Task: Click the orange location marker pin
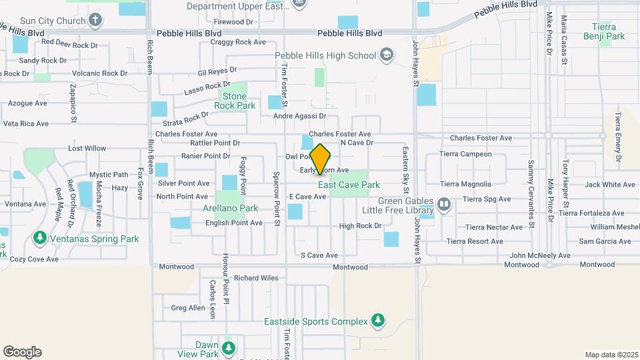[x=321, y=159]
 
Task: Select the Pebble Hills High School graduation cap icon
[x=386, y=55]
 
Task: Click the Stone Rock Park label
[x=234, y=101]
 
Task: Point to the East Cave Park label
[x=349, y=185]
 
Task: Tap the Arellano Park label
[x=230, y=208]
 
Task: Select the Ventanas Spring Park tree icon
[x=40, y=238]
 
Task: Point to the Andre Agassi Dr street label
[x=300, y=116]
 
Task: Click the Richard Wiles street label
[x=256, y=278]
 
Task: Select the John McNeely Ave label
[x=540, y=255]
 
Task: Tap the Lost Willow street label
[x=87, y=148]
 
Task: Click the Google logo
[x=22, y=352]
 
